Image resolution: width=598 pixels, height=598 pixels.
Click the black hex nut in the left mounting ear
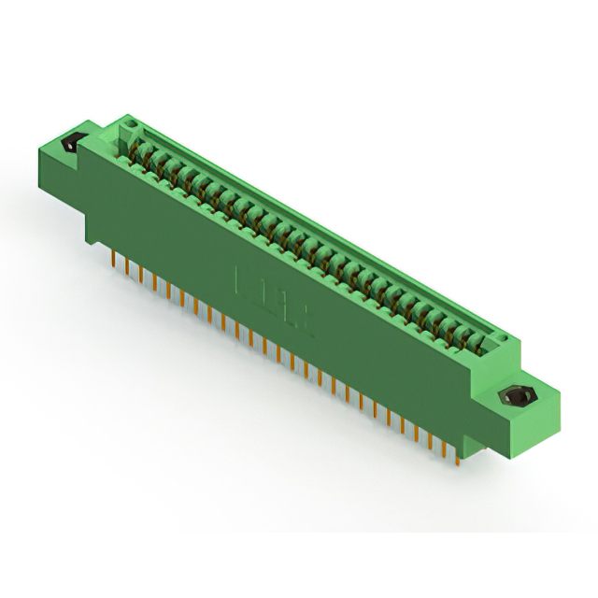(x=69, y=145)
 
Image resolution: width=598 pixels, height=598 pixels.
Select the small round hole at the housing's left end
(x=132, y=123)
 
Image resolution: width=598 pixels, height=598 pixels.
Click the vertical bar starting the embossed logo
(x=239, y=278)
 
